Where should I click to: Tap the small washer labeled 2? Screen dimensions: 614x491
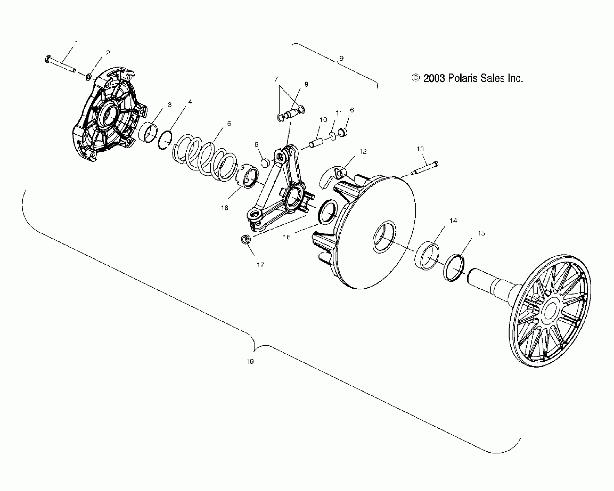click(x=89, y=77)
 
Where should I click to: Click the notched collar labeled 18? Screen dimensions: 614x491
click(x=248, y=176)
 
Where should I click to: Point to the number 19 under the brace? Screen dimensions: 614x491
click(x=250, y=361)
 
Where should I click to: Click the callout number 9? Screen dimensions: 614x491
click(x=341, y=58)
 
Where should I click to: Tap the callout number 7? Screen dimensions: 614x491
click(x=276, y=79)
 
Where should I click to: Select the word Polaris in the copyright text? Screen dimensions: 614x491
click(x=462, y=78)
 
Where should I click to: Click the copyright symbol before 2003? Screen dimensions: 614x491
click(x=416, y=78)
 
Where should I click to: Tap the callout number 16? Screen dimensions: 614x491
click(x=287, y=237)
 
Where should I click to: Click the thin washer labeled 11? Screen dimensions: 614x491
click(x=333, y=136)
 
